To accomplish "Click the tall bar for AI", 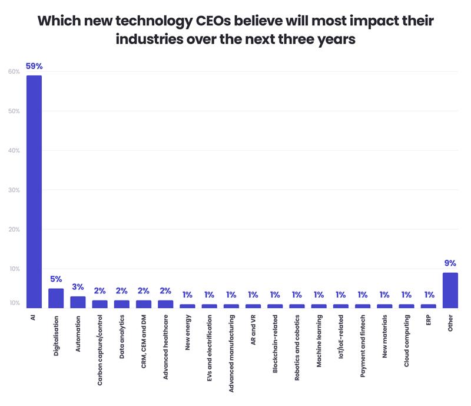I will pos(34,192).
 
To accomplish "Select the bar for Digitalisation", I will pos(56,298).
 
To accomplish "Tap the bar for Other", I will pos(450,290).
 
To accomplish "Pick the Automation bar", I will pos(78,302).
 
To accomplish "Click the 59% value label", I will pos(34,67).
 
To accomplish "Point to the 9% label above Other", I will pos(450,263).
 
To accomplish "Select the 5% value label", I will pos(56,279).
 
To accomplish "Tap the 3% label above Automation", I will pos(78,287).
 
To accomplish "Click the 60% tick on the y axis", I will pos(14,72).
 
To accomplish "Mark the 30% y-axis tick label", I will pos(14,190).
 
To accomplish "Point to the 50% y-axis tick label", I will pos(14,111).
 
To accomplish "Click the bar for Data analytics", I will pos(121,304).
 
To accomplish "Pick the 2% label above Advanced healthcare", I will pos(165,291).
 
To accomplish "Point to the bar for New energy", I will pos(187,306).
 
